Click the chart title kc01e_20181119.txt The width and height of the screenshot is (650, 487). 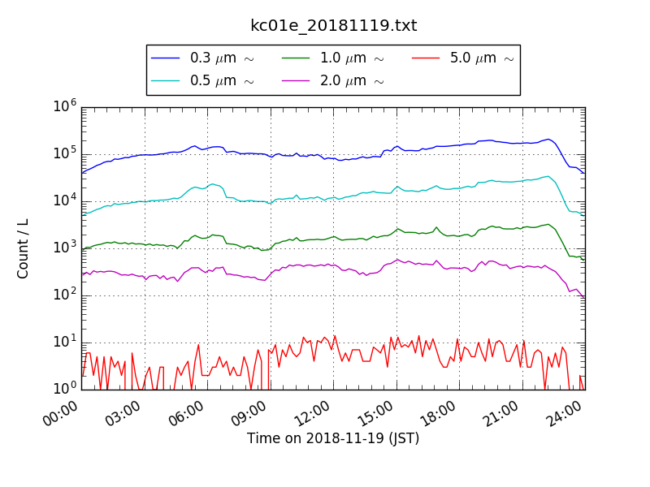click(333, 26)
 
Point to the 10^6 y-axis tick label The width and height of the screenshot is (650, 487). click(65, 106)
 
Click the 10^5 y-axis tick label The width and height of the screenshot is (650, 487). click(65, 153)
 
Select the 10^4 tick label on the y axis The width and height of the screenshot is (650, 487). click(65, 200)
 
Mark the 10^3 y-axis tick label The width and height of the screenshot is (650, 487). click(65, 248)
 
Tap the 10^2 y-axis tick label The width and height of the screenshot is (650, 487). click(65, 295)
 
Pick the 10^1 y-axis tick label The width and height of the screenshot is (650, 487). click(65, 342)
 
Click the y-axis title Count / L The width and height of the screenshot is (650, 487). click(24, 248)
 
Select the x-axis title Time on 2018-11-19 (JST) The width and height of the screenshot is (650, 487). click(333, 438)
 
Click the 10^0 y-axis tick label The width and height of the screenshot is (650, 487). click(65, 388)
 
